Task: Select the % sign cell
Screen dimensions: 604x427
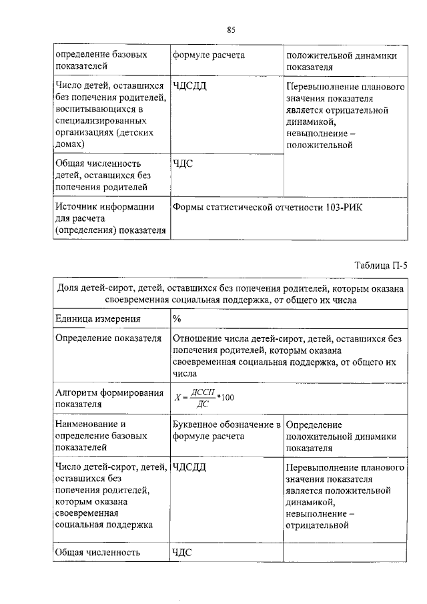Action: pyautogui.click(x=177, y=318)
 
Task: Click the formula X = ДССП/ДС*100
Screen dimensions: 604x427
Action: pyautogui.click(x=203, y=398)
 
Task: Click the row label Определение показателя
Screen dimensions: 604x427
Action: pyautogui.click(x=108, y=338)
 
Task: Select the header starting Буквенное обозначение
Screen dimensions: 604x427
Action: pyautogui.click(x=226, y=430)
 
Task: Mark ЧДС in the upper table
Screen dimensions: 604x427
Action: pyautogui.click(x=183, y=163)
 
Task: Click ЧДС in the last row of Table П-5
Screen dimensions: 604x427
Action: pyautogui.click(x=183, y=552)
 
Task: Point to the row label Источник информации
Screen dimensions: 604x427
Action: pyautogui.click(x=105, y=207)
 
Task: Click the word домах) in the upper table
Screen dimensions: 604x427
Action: pyautogui.click(x=71, y=143)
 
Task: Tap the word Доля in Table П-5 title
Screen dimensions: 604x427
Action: pyautogui.click(x=69, y=288)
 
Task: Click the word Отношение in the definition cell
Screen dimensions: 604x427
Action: pyautogui.click(x=196, y=338)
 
